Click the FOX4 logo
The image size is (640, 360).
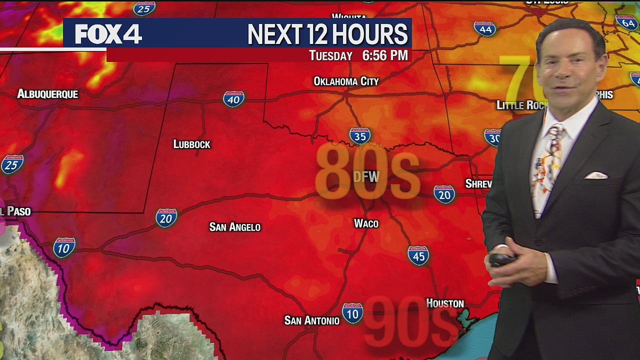(108, 34)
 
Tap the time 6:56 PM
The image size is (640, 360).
(384, 55)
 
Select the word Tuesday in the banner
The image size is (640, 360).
(330, 56)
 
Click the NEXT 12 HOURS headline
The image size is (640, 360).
(327, 34)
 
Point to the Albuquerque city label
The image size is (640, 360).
(47, 94)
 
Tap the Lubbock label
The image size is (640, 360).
(191, 144)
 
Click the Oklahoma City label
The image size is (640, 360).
(346, 81)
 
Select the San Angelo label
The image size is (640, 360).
(234, 227)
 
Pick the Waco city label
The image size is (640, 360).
(366, 223)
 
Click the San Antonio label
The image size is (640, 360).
(311, 320)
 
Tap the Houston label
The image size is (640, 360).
(444, 303)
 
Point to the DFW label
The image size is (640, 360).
(366, 176)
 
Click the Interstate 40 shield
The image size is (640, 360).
(233, 99)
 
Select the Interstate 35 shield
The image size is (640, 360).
(359, 135)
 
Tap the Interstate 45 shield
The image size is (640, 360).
(418, 255)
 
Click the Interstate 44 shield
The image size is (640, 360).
(484, 28)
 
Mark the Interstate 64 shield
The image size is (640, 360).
(626, 22)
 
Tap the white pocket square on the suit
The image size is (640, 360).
(596, 175)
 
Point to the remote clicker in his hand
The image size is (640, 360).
(502, 259)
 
